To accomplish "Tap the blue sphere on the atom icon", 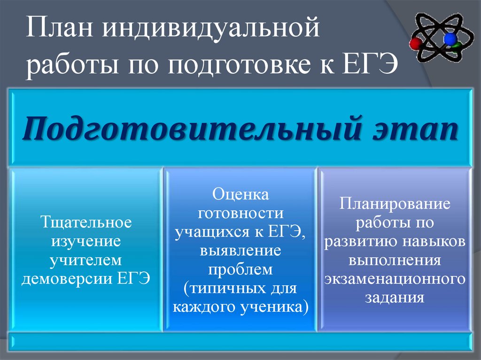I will pyautogui.click(x=450, y=38).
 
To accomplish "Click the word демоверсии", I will pyautogui.click(x=69, y=278).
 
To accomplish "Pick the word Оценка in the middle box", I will pyautogui.click(x=240, y=194).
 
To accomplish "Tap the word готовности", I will pyautogui.click(x=240, y=213).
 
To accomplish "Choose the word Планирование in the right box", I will pyautogui.click(x=395, y=204).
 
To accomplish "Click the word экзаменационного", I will pyautogui.click(x=395, y=279).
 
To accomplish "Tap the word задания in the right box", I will pyautogui.click(x=395, y=298).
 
